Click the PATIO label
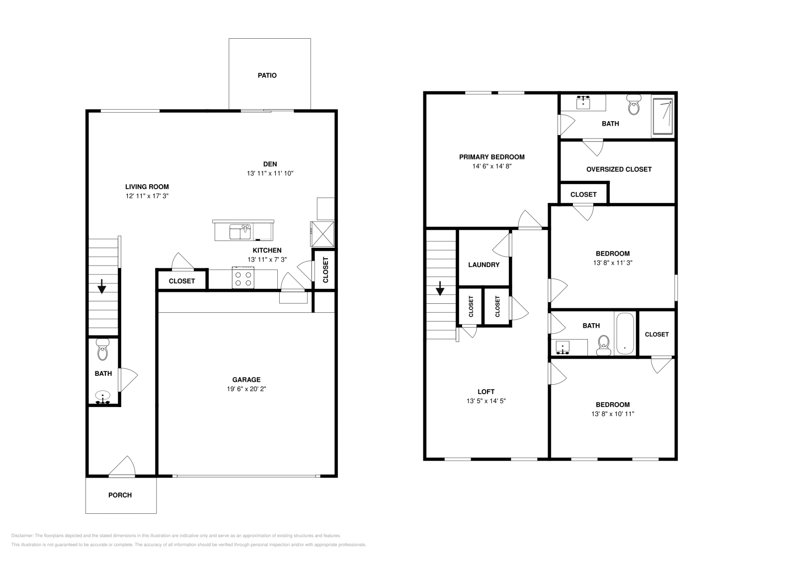click(x=267, y=75)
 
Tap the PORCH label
click(x=120, y=495)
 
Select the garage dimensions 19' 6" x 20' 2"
click(x=247, y=389)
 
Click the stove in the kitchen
click(x=243, y=278)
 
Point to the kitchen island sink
click(x=240, y=232)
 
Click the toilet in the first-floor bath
click(x=103, y=350)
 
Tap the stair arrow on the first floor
click(x=102, y=286)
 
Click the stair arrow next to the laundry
click(x=440, y=288)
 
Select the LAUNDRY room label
click(x=483, y=265)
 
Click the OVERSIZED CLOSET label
click(x=619, y=169)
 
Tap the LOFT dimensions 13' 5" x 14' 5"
click(x=485, y=401)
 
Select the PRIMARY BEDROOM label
click(x=491, y=157)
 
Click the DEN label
click(x=270, y=164)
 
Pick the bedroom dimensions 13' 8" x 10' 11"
click(x=613, y=414)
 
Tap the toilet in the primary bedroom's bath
click(x=634, y=104)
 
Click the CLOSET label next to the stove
click(x=182, y=281)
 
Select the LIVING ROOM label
click(x=147, y=187)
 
